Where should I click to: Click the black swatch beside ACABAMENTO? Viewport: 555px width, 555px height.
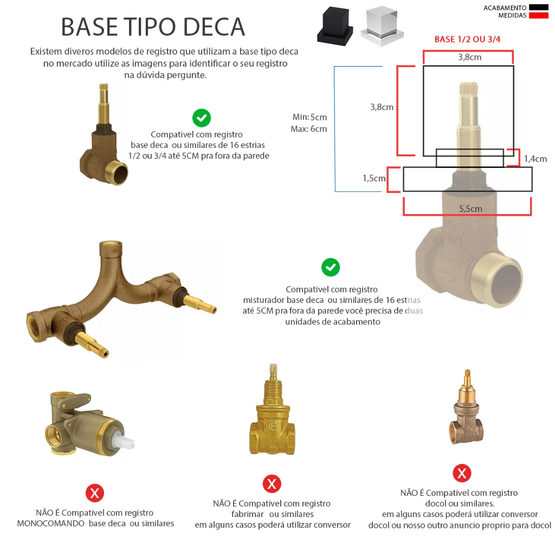click(x=538, y=8)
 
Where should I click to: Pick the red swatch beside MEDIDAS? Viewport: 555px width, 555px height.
click(x=538, y=15)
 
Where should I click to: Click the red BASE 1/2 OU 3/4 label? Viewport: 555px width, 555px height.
click(x=467, y=39)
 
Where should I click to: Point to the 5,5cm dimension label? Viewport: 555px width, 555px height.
click(x=470, y=209)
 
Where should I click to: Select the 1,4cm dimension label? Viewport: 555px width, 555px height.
click(x=535, y=159)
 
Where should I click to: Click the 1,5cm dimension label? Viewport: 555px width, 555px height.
click(x=374, y=178)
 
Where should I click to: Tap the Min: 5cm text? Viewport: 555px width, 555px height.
click(x=309, y=117)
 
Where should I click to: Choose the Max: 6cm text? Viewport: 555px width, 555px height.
click(x=308, y=129)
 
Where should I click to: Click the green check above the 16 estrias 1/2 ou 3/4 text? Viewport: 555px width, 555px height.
click(x=202, y=118)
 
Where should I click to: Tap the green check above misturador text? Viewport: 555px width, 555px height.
click(x=331, y=267)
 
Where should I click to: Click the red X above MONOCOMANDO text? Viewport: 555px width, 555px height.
click(x=94, y=493)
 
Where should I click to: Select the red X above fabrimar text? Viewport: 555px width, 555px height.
click(x=272, y=484)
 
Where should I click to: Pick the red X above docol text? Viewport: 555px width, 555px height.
click(x=462, y=473)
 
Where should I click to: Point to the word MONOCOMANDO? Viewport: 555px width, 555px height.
click(x=50, y=524)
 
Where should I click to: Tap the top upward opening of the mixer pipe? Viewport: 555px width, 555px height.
click(x=111, y=244)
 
